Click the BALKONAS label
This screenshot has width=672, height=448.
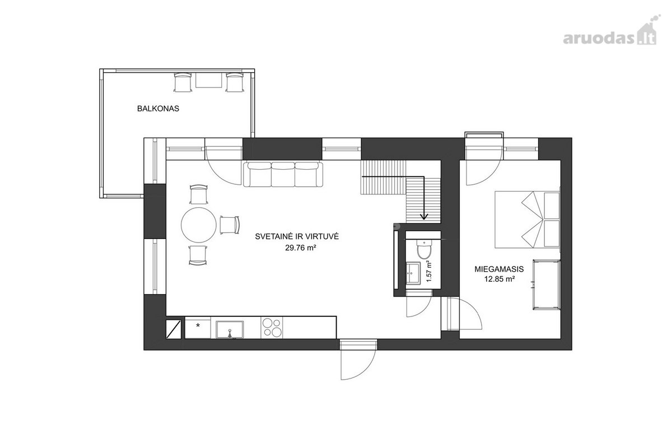pyautogui.click(x=158, y=109)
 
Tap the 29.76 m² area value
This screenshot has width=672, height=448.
pyautogui.click(x=301, y=248)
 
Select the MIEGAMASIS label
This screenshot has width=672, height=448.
pyautogui.click(x=499, y=269)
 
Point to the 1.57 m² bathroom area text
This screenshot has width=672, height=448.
pyautogui.click(x=430, y=271)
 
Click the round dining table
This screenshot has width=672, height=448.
pyautogui.click(x=199, y=225)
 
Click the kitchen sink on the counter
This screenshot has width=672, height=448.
pyautogui.click(x=230, y=329)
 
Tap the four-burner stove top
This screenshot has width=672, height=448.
pyautogui.click(x=272, y=328)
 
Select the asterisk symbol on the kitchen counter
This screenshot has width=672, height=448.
pyautogui.click(x=198, y=325)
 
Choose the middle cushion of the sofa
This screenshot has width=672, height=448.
pyautogui.click(x=283, y=174)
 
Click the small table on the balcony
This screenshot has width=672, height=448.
pyautogui.click(x=208, y=80)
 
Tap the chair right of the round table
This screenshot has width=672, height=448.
pyautogui.click(x=230, y=225)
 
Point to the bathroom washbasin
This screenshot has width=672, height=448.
pyautogui.click(x=413, y=273)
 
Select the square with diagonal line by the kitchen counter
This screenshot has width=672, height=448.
pyautogui.click(x=174, y=329)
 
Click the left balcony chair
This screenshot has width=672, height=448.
pyautogui.click(x=183, y=82)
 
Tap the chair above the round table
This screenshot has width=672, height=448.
pyautogui.click(x=199, y=194)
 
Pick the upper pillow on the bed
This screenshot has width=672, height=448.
pyautogui.click(x=552, y=206)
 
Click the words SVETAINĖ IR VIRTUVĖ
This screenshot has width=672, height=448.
pyautogui.click(x=297, y=236)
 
